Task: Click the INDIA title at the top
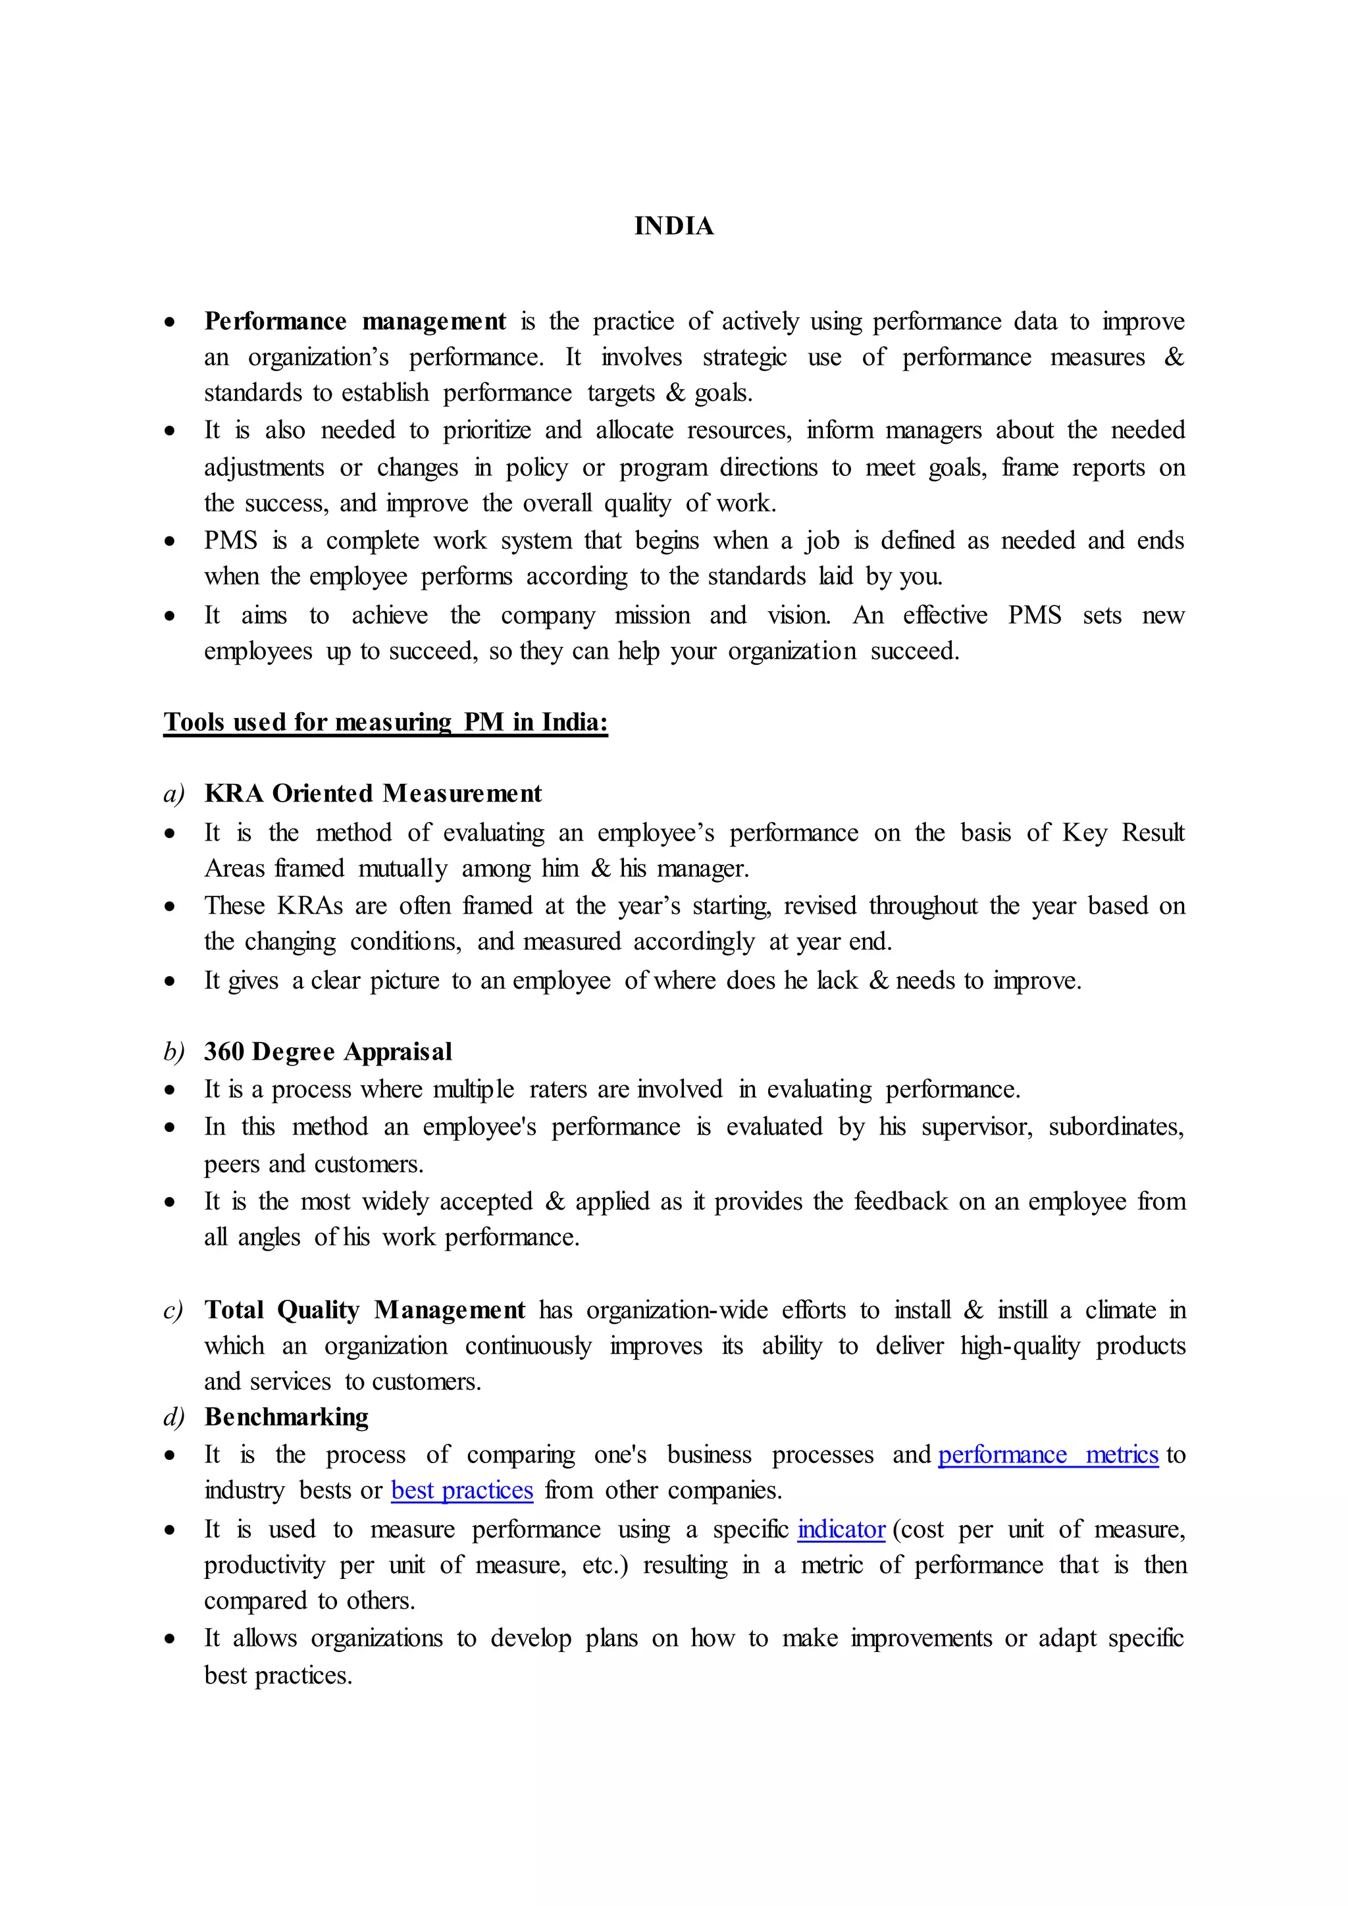pos(673,226)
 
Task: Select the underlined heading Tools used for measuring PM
pos(385,722)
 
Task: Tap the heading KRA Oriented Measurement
pos(373,794)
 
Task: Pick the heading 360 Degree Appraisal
pos(328,1052)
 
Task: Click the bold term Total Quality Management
pos(365,1310)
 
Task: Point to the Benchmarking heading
pos(286,1417)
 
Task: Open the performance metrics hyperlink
pos(1047,1455)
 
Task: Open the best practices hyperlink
pos(461,1490)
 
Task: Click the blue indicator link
pos(841,1529)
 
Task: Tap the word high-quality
pos(1020,1346)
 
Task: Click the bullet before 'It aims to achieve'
pos(170,617)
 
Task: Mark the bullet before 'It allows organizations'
pos(170,1639)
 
